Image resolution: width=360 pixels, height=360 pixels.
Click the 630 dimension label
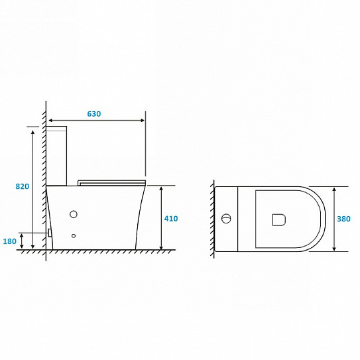tap(94, 114)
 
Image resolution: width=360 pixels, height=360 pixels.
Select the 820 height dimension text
tap(23, 186)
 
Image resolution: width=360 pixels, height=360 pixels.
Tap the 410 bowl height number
tap(171, 219)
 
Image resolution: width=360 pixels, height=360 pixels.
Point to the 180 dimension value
tap(10, 241)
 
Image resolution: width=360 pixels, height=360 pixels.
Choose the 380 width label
tap(343, 219)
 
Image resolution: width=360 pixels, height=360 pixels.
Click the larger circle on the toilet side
tap(74, 214)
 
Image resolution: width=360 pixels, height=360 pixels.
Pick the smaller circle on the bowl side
tap(74, 236)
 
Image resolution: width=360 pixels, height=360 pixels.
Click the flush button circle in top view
tap(226, 218)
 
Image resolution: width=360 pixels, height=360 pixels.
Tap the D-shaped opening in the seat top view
tap(279, 219)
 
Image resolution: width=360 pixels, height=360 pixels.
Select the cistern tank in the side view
tap(56, 156)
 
